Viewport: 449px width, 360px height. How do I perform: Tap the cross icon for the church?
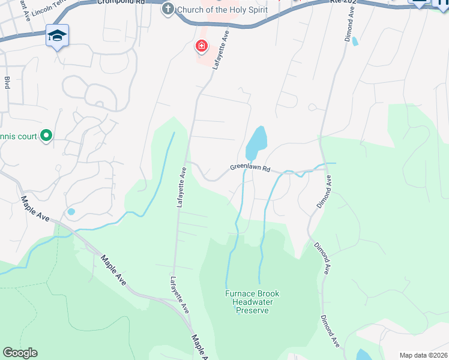point(167,10)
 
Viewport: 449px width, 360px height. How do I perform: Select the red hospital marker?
point(201,46)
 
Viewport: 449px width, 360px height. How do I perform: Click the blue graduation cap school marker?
point(57,36)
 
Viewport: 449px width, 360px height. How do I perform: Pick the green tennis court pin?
point(46,136)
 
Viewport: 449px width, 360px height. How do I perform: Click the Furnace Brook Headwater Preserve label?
point(252,302)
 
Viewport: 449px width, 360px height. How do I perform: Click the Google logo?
point(20,353)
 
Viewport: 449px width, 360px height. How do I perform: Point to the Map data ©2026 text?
point(423,355)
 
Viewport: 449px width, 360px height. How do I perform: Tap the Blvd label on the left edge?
point(7,83)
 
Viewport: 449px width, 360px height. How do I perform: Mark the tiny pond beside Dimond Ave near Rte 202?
point(355,41)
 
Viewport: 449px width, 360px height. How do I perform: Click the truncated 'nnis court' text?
point(18,136)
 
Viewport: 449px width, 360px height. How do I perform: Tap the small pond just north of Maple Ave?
point(71,211)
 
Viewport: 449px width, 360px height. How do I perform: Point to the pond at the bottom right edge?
point(364,355)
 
